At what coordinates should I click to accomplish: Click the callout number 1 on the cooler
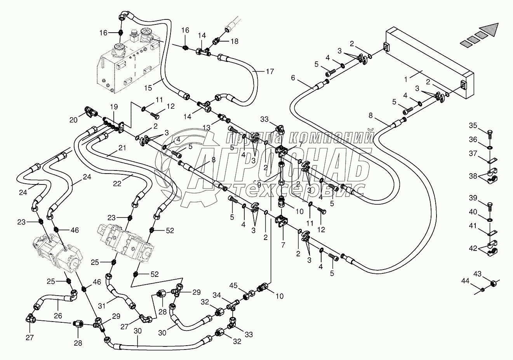pos(406,79)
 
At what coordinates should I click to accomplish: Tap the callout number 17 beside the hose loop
pos(270,71)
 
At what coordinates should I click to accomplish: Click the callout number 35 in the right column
pos(472,125)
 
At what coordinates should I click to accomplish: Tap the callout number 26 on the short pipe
pos(58,316)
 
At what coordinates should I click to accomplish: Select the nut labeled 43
pos(494,284)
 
